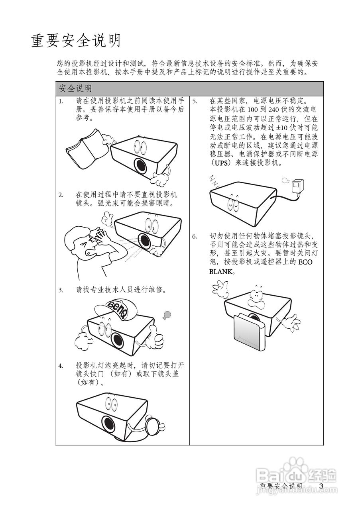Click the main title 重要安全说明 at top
76,41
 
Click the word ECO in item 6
305,262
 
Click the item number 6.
195,236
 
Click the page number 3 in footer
322,486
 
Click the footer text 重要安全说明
281,486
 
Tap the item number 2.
61,195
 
